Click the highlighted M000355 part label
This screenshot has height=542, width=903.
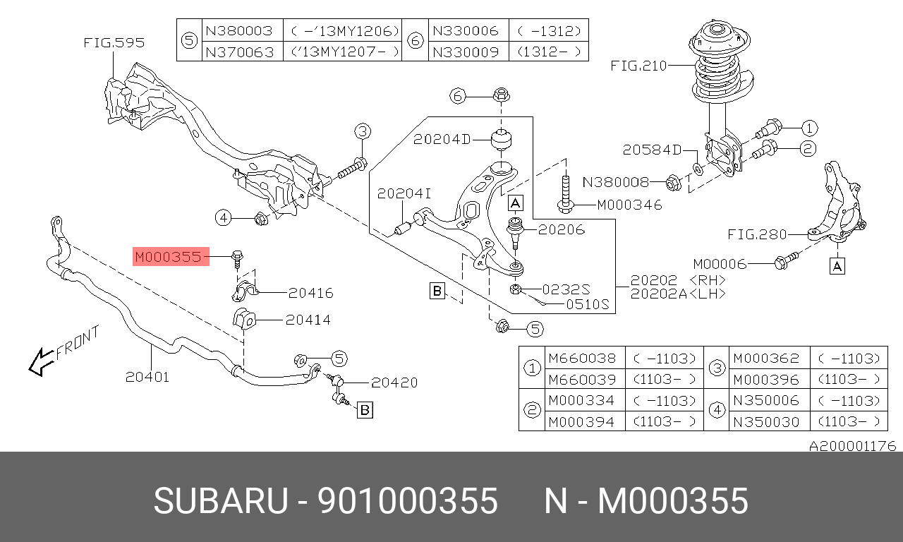(169, 257)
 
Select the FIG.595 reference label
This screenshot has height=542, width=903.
(114, 43)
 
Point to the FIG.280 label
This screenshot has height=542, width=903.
(757, 234)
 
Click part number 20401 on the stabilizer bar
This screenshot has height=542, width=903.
(147, 377)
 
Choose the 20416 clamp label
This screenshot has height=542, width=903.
(310, 293)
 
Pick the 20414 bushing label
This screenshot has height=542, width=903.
(308, 320)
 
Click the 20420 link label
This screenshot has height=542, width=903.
(394, 383)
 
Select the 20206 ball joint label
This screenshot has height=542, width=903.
(562, 229)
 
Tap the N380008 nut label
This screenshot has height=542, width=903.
(615, 182)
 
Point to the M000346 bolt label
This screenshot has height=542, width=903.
(629, 205)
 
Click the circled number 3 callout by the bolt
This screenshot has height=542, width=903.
(362, 131)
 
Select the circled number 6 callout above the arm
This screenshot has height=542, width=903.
(459, 96)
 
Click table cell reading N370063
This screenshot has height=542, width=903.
(238, 52)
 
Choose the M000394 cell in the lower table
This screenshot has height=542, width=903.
(581, 421)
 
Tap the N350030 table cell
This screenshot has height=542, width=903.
(765, 421)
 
